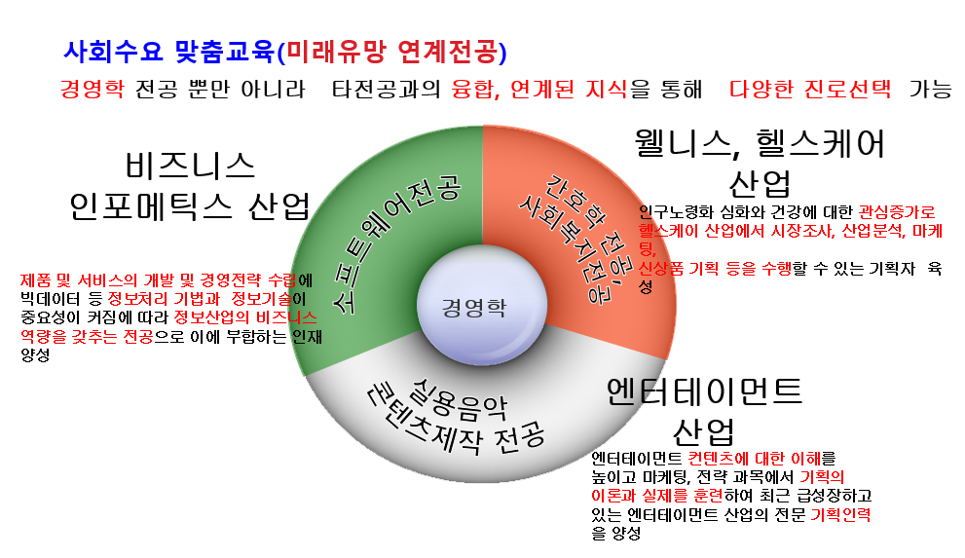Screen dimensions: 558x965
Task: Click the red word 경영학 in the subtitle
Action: (92, 90)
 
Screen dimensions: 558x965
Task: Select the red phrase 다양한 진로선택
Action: (810, 90)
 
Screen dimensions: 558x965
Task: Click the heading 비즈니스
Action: (191, 163)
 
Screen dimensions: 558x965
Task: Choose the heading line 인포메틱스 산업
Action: (189, 205)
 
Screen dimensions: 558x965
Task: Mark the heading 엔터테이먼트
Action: (704, 391)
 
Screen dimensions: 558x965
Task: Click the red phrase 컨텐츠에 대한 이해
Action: (761, 458)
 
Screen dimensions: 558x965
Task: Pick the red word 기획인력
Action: (840, 514)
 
